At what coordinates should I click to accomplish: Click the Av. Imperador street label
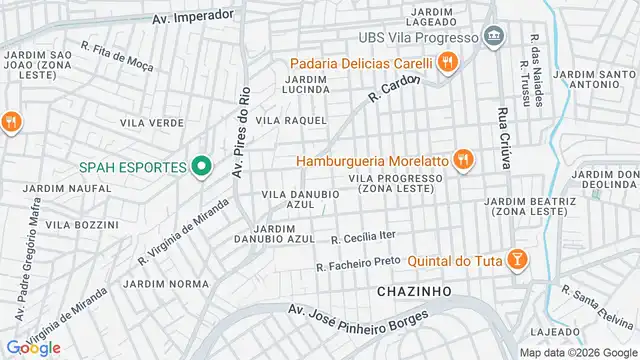pyautogui.click(x=193, y=17)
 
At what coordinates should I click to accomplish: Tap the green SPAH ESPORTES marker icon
pyautogui.click(x=200, y=166)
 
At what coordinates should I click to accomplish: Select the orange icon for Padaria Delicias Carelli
pyautogui.click(x=447, y=63)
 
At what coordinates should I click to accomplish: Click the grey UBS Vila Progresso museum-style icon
pyautogui.click(x=493, y=38)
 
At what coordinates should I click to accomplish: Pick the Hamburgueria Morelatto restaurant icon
pyautogui.click(x=462, y=159)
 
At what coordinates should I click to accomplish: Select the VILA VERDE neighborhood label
pyautogui.click(x=151, y=122)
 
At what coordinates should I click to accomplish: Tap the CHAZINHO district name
pyautogui.click(x=414, y=291)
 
